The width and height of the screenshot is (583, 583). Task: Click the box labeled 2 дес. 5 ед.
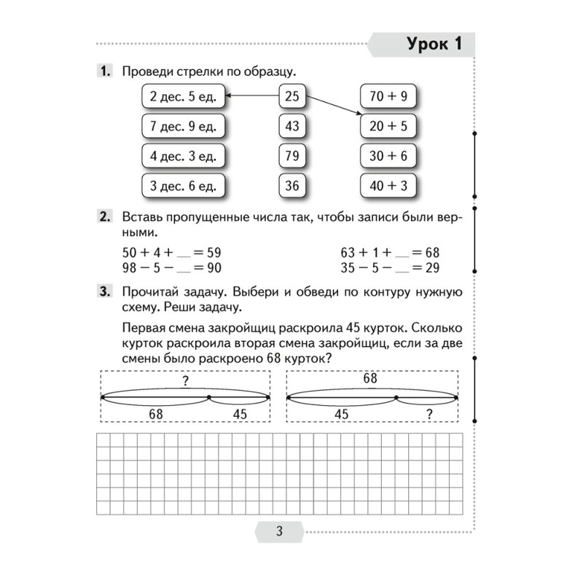click(183, 95)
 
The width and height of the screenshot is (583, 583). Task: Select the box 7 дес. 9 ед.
click(183, 126)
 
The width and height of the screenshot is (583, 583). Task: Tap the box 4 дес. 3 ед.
click(183, 156)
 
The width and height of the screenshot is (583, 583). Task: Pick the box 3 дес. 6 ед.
click(183, 186)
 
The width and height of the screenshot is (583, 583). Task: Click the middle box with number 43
click(292, 126)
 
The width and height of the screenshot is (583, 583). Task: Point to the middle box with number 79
click(292, 156)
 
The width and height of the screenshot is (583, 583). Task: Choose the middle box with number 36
click(292, 186)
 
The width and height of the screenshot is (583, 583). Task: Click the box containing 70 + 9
click(388, 95)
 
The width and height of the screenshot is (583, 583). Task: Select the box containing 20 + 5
click(388, 126)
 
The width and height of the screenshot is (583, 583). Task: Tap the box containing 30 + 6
click(388, 156)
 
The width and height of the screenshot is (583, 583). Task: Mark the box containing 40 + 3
click(388, 186)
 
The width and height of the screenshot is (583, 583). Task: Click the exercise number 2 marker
click(104, 216)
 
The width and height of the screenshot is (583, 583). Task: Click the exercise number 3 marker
click(104, 292)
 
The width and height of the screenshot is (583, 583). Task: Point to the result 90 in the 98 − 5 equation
click(213, 267)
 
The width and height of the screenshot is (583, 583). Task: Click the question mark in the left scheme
click(186, 379)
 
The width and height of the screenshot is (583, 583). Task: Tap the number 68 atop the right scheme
click(370, 378)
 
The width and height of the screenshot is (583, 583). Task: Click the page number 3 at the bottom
click(279, 531)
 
